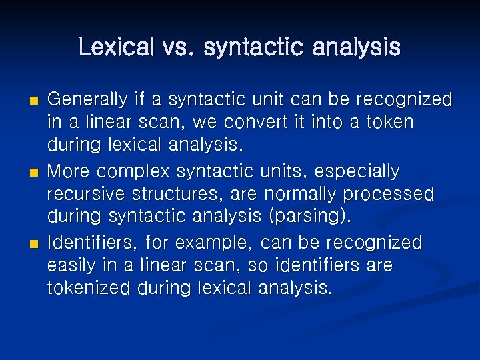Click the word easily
[71, 265]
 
